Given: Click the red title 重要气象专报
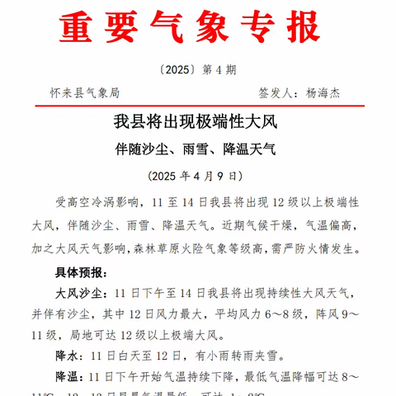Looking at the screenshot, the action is pyautogui.click(x=189, y=28).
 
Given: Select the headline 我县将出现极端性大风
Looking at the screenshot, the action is pyautogui.click(x=197, y=125).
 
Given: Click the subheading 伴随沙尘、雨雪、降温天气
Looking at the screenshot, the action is pyautogui.click(x=197, y=150).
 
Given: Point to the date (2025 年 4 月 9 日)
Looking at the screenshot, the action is pyautogui.click(x=197, y=176).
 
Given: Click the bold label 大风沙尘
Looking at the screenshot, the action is pyautogui.click(x=78, y=293).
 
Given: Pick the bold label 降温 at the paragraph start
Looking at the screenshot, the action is pyautogui.click(x=67, y=377).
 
